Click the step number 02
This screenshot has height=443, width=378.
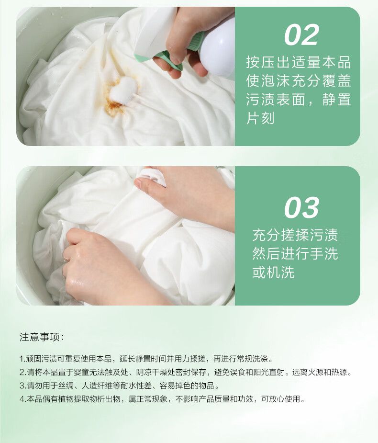[301, 35]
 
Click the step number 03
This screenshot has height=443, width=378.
[301, 208]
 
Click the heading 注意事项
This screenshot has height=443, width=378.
[42, 337]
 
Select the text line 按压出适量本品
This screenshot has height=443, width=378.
[299, 62]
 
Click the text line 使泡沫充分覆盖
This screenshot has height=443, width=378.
[299, 80]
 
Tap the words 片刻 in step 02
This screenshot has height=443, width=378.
[260, 118]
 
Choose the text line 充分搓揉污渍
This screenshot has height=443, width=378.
[295, 235]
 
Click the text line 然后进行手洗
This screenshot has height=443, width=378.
[295, 253]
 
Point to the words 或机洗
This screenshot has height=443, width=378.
[274, 272]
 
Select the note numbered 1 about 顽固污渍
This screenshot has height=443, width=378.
[146, 359]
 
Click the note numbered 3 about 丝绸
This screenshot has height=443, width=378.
[120, 386]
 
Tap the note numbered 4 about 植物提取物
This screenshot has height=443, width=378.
[163, 399]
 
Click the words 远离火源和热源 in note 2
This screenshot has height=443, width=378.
[322, 373]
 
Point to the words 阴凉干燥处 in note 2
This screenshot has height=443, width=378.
[156, 373]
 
